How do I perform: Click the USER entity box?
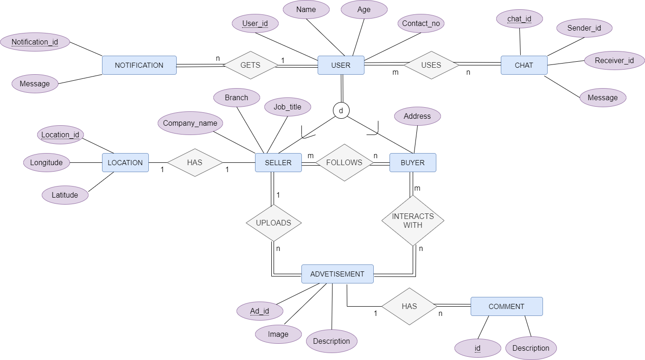tap(341, 65)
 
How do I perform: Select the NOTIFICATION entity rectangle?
tap(139, 65)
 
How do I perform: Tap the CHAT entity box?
tap(524, 65)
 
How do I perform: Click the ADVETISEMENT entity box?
tap(337, 274)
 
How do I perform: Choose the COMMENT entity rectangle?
tap(506, 306)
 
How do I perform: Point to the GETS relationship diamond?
tap(250, 65)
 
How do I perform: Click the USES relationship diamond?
tap(431, 65)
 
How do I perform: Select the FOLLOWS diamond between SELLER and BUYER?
tap(345, 162)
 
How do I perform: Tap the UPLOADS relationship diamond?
tap(274, 223)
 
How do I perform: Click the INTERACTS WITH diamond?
tap(413, 220)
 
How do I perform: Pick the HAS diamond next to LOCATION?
tap(195, 162)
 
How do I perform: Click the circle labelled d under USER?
tap(341, 110)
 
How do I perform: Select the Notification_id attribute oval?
tap(35, 42)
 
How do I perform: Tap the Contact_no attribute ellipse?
tap(421, 23)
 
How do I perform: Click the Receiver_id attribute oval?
tap(614, 60)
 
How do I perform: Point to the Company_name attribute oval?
tap(190, 123)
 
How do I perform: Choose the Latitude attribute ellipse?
tap(65, 195)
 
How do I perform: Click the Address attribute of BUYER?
tap(417, 116)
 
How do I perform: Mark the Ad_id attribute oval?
tap(260, 311)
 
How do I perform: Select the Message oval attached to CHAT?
tap(602, 97)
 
